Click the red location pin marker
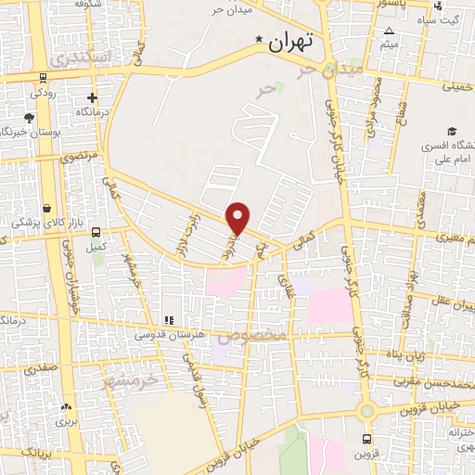coord(238,217)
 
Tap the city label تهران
coord(291,42)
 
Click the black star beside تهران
coord(260,40)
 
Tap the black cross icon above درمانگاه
coord(92,97)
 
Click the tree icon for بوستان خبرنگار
coord(29,118)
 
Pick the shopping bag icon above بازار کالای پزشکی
coord(46,206)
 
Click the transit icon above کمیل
coord(95,233)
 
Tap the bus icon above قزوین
coord(366,439)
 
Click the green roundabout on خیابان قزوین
coord(367,411)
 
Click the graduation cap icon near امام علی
coord(452,131)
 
